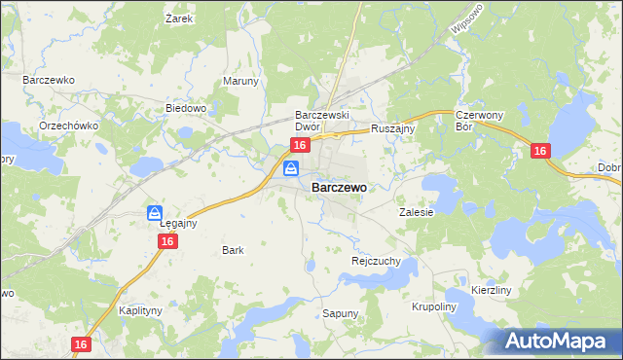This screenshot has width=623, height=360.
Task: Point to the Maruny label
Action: coord(241,81)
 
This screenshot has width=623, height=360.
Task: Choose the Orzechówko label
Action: coord(65,126)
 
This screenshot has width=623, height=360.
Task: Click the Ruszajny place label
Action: coord(393,127)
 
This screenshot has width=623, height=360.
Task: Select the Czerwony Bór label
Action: coord(477,121)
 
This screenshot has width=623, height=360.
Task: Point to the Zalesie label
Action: coord(416,211)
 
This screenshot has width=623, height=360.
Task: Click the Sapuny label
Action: coord(341,313)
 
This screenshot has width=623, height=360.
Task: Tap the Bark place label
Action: coord(233,250)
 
